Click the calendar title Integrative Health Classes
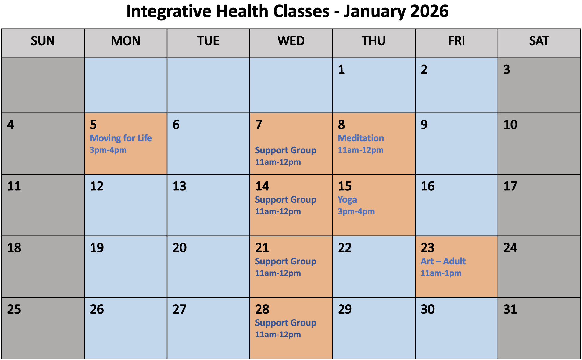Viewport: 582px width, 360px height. tap(287, 11)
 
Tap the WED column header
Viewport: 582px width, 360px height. tap(291, 41)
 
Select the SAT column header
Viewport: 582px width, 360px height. tap(539, 41)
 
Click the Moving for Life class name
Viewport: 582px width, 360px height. tap(121, 138)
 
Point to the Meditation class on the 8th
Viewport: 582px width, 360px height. tap(361, 138)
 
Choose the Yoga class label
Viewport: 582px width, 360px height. tap(347, 199)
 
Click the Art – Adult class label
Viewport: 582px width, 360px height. tap(443, 261)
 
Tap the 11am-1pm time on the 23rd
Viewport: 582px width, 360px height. tap(441, 273)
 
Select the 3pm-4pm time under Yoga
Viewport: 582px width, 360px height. tap(356, 211)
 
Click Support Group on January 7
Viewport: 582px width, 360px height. tap(286, 150)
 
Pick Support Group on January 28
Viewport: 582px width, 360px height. tap(286, 323)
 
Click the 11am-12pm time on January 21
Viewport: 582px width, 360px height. tap(278, 273)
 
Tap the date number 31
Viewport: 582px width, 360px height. tap(510, 309)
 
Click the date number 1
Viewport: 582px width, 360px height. tap(341, 70)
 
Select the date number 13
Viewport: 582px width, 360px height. tap(179, 186)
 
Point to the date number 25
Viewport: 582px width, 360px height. tap(14, 309)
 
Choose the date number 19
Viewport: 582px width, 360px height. tap(97, 248)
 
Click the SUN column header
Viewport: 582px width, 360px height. tap(43, 41)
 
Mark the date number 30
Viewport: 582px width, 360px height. tap(428, 309)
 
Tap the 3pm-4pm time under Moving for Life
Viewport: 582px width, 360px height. tap(108, 150)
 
